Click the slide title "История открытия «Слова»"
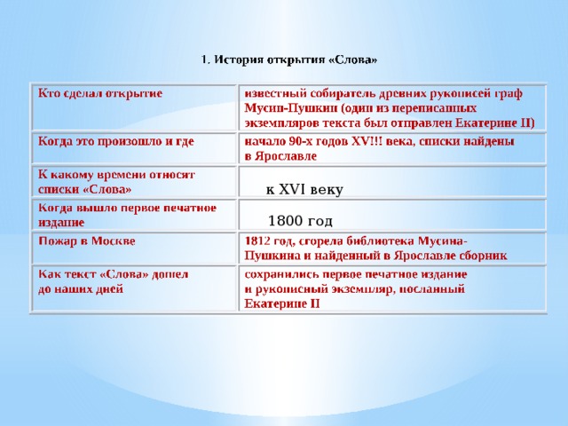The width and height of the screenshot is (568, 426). [296, 60]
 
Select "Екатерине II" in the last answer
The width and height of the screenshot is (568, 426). [282, 304]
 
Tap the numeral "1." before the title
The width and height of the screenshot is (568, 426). [205, 60]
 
